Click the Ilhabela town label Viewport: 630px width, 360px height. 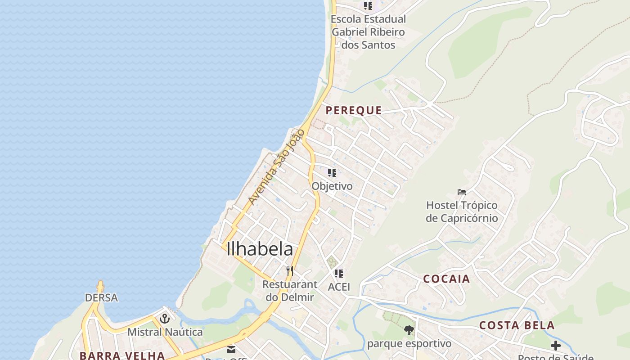[x=260, y=249]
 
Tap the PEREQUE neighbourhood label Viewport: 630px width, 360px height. [x=354, y=110]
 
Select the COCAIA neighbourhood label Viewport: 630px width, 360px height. [x=446, y=279]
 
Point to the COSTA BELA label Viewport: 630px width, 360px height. [x=517, y=325]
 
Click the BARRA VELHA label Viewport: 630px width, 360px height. [x=122, y=355]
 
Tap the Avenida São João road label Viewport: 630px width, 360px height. [x=276, y=166]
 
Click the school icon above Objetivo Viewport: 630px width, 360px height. [x=332, y=173]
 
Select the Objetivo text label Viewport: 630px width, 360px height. [x=332, y=186]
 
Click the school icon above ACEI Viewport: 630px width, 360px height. [x=339, y=274]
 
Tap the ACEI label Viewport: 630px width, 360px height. [x=339, y=287]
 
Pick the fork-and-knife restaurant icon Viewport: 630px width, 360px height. [x=290, y=271]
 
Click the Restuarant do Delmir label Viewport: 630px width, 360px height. [x=290, y=291]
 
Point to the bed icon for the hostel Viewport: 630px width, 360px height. [x=462, y=192]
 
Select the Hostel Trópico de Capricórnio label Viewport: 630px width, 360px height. [x=462, y=211]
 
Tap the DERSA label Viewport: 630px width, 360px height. [x=101, y=297]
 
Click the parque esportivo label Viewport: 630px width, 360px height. [x=409, y=344]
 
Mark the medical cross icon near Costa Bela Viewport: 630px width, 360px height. [x=556, y=346]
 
